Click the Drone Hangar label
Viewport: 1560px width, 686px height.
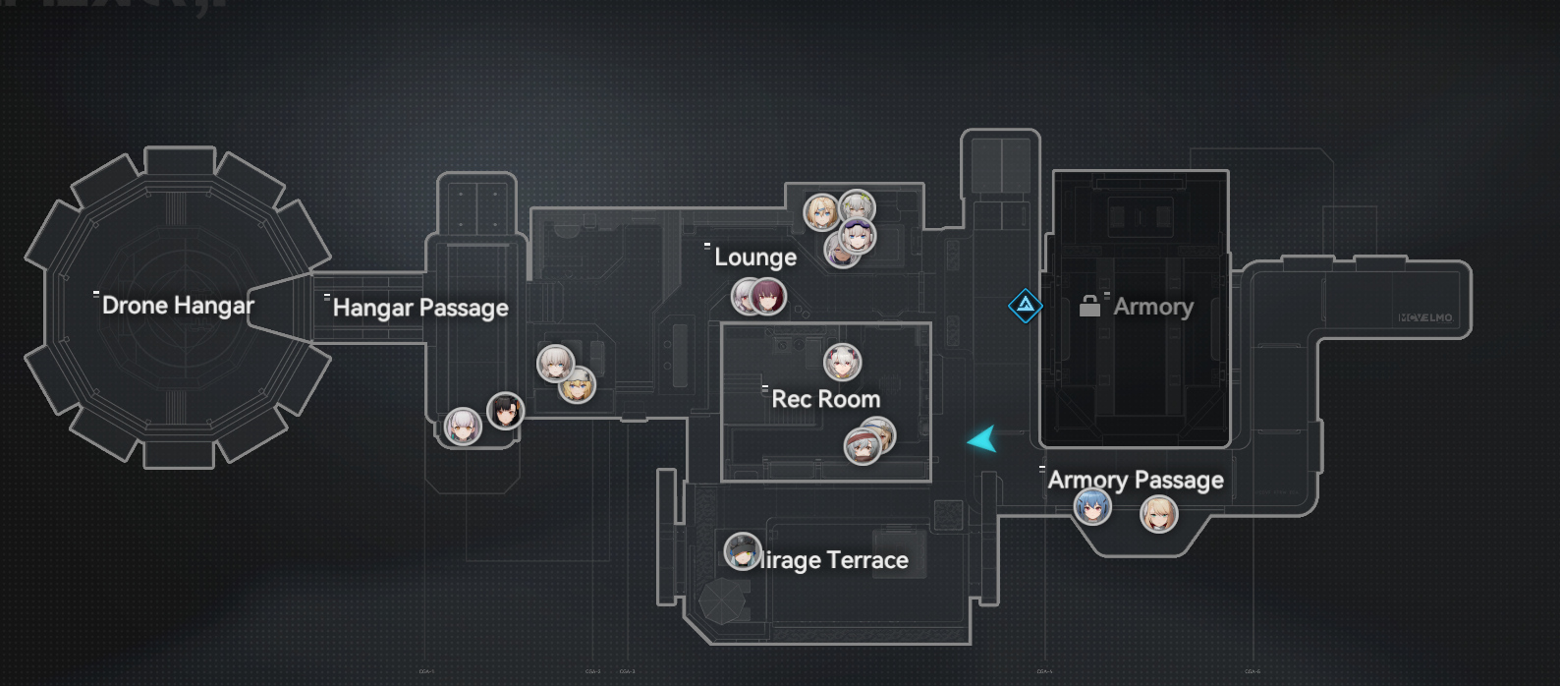point(178,306)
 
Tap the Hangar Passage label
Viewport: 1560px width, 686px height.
point(420,309)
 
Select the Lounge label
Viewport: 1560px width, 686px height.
point(754,257)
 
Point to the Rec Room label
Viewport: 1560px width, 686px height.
point(825,399)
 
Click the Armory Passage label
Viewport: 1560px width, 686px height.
point(1135,480)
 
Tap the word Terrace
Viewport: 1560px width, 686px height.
point(866,560)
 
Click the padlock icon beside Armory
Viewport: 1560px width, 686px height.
point(1089,307)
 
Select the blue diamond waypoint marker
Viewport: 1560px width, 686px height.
point(1025,306)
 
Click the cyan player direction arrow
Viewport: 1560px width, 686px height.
point(983,439)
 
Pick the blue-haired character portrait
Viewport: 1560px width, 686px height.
point(1091,507)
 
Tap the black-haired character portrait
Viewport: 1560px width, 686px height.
point(506,411)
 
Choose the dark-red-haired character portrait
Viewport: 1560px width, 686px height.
point(768,296)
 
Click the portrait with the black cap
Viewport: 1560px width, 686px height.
point(743,551)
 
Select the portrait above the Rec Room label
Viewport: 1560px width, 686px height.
point(843,363)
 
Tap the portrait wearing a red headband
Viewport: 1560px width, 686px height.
point(863,447)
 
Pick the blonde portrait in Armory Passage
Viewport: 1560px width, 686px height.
point(1158,513)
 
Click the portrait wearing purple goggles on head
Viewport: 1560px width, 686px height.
point(858,235)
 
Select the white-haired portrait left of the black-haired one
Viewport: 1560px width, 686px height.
point(463,427)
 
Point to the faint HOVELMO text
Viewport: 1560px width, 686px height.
point(1424,317)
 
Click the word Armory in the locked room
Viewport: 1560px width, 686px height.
point(1153,307)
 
